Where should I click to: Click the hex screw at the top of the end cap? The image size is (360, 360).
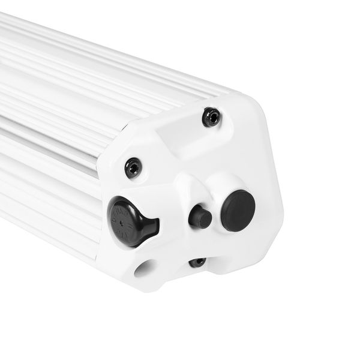coord(211,117)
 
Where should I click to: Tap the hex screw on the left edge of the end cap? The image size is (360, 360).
coord(133,167)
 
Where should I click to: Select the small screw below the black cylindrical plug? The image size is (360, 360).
coord(197,262)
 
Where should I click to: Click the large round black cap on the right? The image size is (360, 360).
coord(238,210)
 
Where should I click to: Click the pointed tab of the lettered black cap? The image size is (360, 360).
coord(152,227)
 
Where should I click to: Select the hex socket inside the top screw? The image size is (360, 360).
coord(211,117)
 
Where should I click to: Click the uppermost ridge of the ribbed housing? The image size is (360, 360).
coord(90,36)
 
